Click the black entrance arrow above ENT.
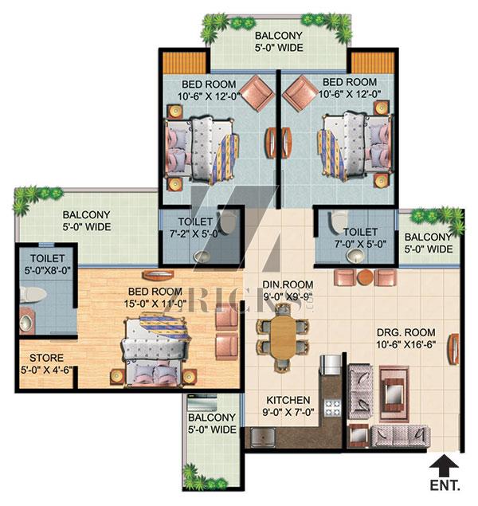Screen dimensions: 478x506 (444, 465)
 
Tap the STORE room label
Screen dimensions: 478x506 (46, 358)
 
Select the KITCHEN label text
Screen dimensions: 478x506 (288, 400)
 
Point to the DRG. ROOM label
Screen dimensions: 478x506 (406, 332)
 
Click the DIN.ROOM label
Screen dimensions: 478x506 (288, 284)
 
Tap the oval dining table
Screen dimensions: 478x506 (283, 337)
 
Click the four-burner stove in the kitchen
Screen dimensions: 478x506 (332, 407)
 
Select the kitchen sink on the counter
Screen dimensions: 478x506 (263, 437)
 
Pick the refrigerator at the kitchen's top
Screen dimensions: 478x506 (331, 364)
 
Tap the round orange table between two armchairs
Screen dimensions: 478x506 (365, 277)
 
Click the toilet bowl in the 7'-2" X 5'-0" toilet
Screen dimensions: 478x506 (228, 222)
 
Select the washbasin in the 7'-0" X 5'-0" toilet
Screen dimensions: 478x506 (356, 255)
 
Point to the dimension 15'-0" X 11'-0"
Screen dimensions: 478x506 (155, 304)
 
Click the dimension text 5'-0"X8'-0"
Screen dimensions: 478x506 (48, 270)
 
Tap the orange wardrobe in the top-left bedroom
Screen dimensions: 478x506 (184, 63)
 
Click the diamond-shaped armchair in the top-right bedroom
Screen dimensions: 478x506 (300, 93)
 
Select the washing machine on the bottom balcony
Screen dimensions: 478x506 (202, 402)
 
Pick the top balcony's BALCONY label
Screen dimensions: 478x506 (279, 35)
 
